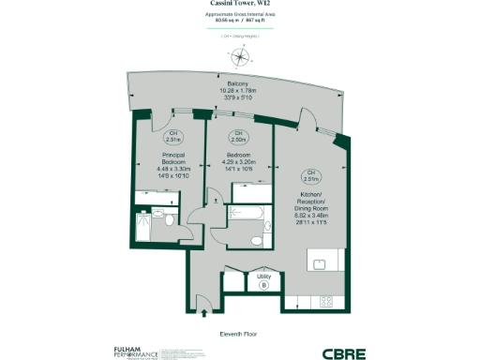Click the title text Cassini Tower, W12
241,6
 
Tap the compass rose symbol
242,55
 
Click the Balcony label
238,83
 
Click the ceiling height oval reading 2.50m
238,136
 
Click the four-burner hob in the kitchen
327,301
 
